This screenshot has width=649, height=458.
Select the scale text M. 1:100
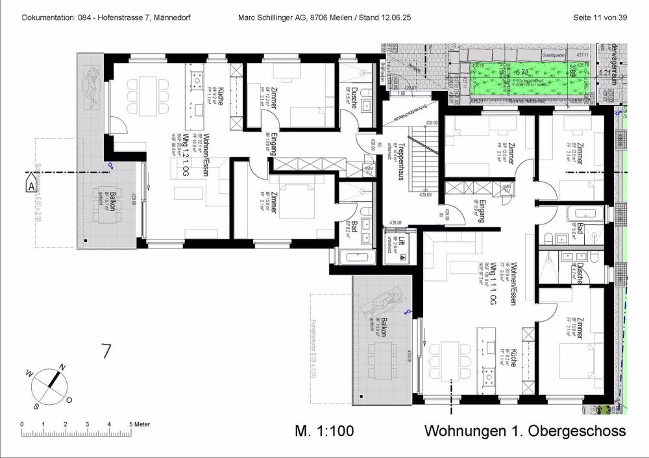click(324, 431)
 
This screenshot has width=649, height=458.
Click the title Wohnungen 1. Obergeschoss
click(524, 431)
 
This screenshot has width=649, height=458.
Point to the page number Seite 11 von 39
click(600, 18)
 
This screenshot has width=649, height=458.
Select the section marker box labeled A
click(31, 186)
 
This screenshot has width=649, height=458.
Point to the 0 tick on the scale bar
click(22, 424)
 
